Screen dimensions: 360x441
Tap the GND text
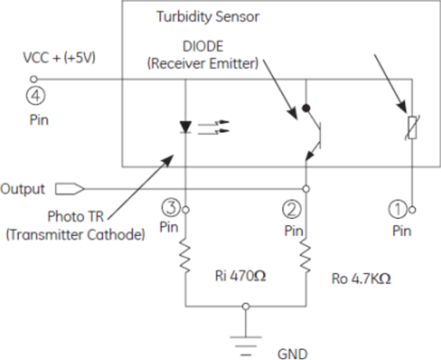[x=292, y=353]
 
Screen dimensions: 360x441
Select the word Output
[x=23, y=189]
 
